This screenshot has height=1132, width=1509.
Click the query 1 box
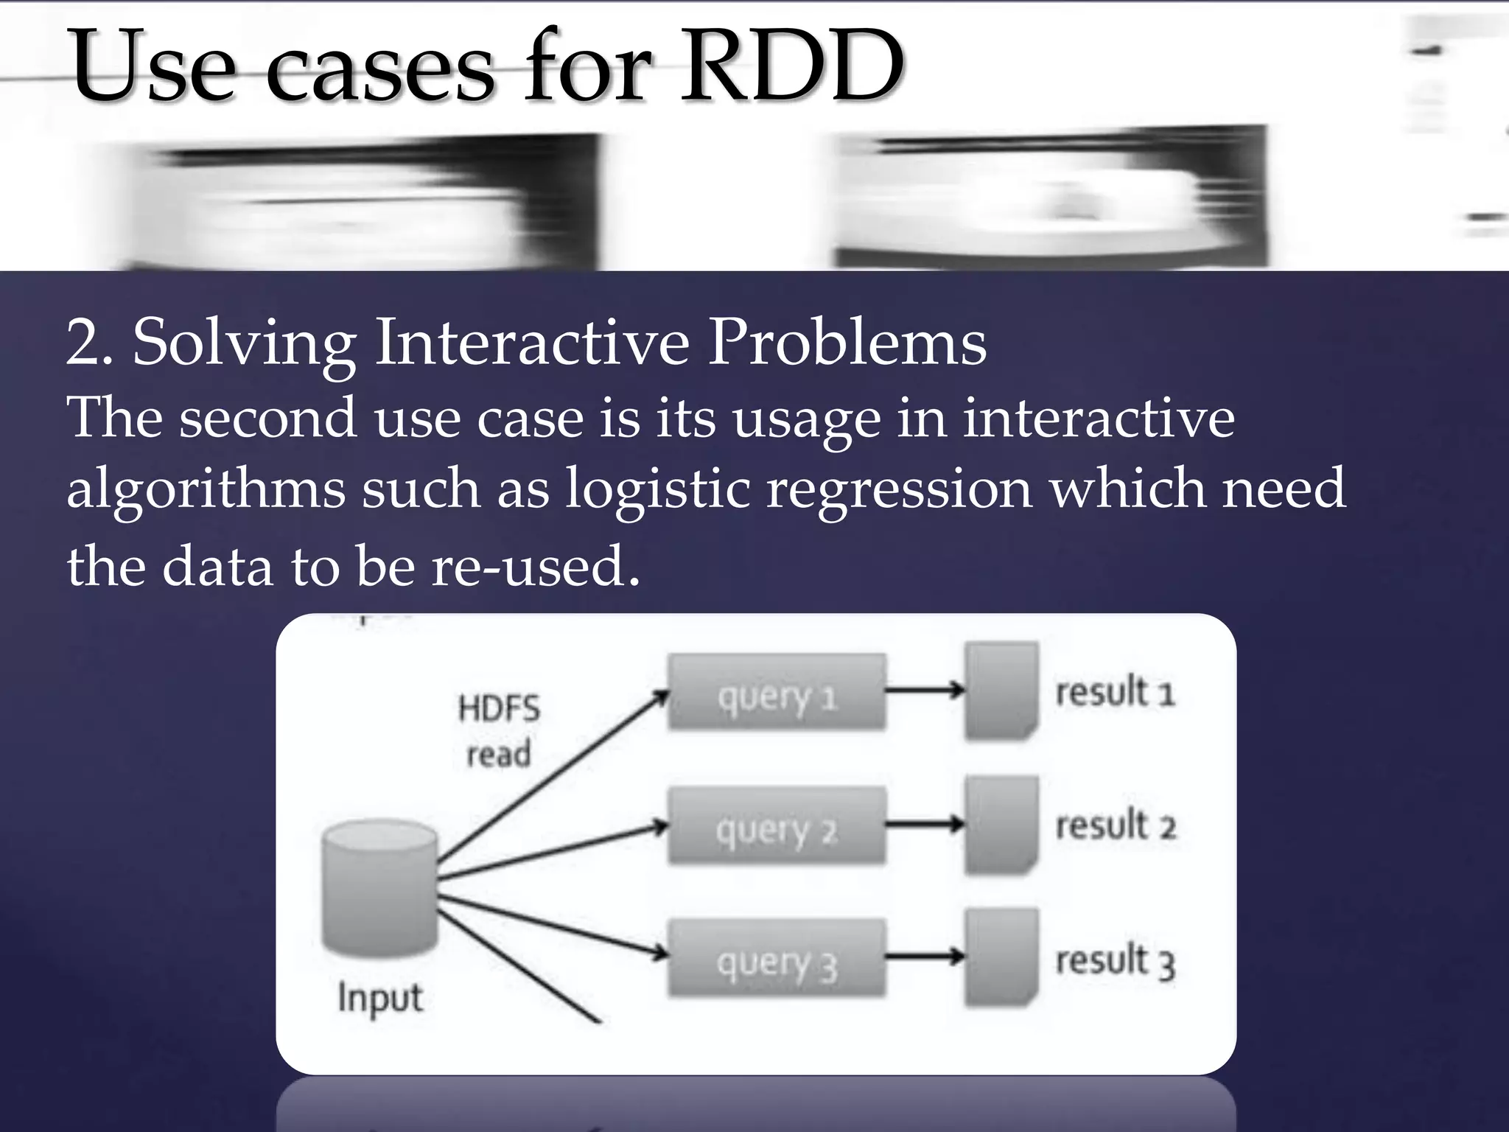(x=777, y=693)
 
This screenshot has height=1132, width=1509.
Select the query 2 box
(x=777, y=825)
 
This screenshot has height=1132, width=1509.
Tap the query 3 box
(x=777, y=958)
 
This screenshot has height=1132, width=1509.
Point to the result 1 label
(x=1115, y=693)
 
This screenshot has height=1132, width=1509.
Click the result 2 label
(x=1115, y=825)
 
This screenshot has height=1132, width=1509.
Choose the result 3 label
(x=1115, y=962)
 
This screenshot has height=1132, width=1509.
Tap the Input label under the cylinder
(x=380, y=999)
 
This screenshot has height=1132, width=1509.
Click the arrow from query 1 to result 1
(x=925, y=691)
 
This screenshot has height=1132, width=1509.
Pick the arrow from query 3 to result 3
(x=925, y=957)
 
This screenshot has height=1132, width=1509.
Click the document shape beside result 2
(x=1001, y=825)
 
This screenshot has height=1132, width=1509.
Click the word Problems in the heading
(x=847, y=343)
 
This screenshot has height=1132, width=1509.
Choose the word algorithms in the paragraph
(x=206, y=489)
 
